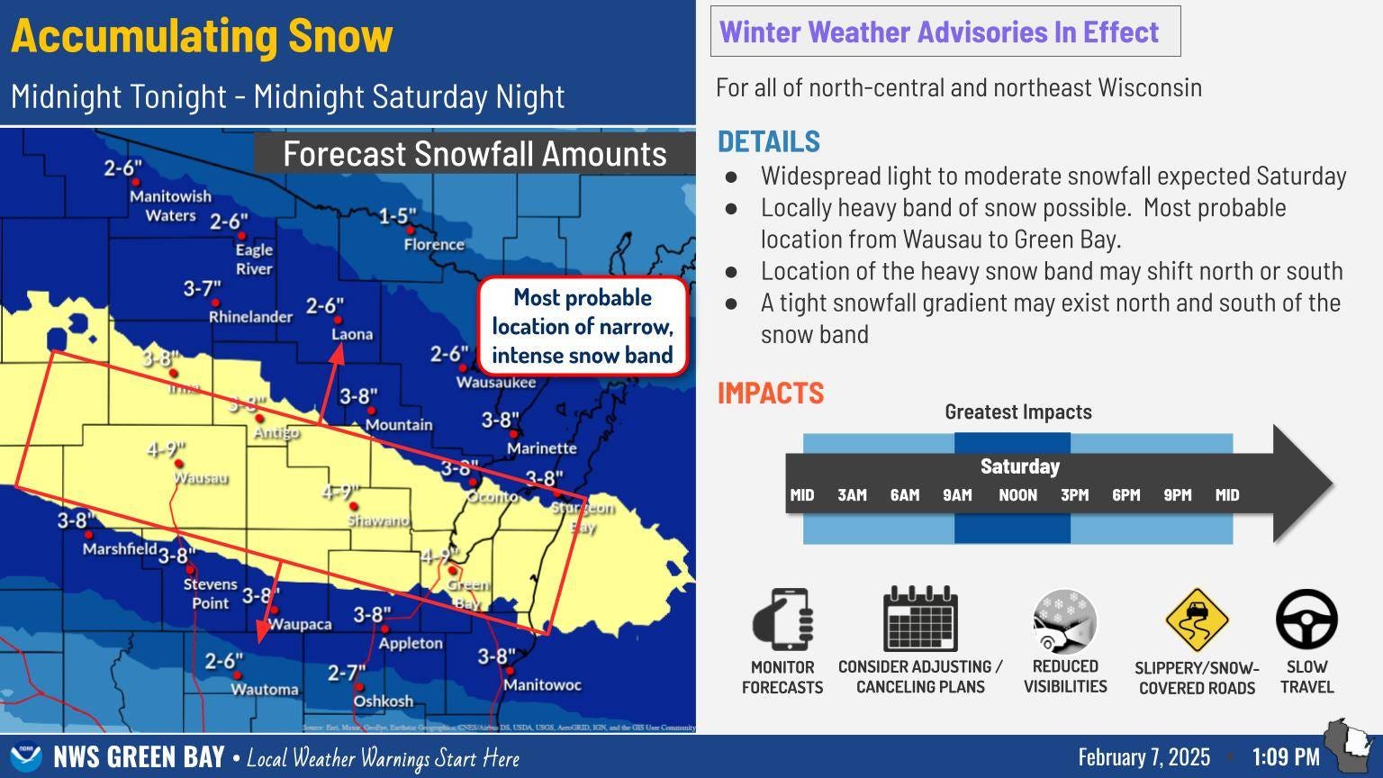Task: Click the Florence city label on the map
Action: pyautogui.click(x=434, y=245)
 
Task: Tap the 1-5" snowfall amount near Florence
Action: pyautogui.click(x=397, y=217)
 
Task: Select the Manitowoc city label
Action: pyautogui.click(x=542, y=685)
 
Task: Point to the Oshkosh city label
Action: pyautogui.click(x=384, y=701)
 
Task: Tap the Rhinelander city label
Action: pyautogui.click(x=250, y=317)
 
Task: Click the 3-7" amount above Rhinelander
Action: pyautogui.click(x=203, y=289)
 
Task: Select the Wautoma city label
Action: pyautogui.click(x=265, y=690)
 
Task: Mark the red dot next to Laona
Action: pyautogui.click(x=339, y=320)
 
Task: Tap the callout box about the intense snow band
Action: pyautogui.click(x=583, y=326)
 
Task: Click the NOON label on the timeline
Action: pyautogui.click(x=1017, y=495)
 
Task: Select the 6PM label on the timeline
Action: pyautogui.click(x=1125, y=495)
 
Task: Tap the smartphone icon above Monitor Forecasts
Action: pyautogui.click(x=782, y=619)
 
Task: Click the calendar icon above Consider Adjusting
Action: pyautogui.click(x=920, y=619)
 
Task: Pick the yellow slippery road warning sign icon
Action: pyautogui.click(x=1197, y=620)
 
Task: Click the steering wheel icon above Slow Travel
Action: pyautogui.click(x=1306, y=620)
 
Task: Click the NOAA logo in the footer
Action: pyautogui.click(x=25, y=757)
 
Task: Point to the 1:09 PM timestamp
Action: pyautogui.click(x=1286, y=757)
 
